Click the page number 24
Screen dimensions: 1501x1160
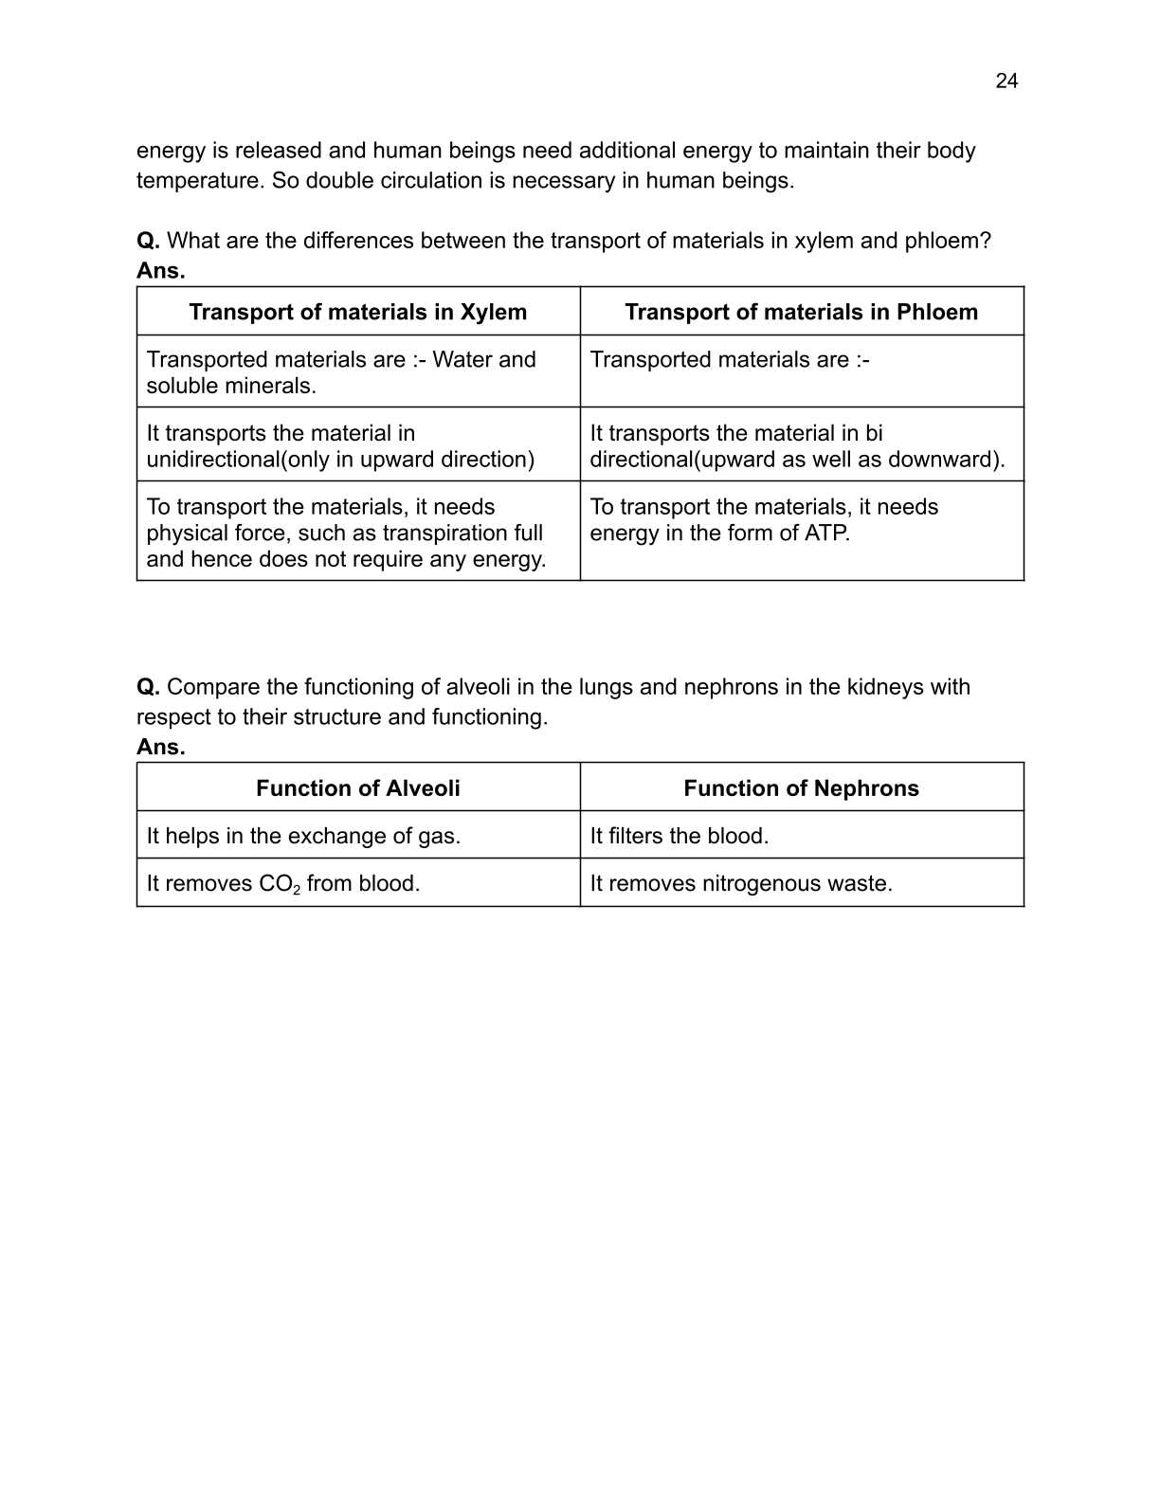click(1006, 81)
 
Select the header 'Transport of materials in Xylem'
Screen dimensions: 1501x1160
click(357, 312)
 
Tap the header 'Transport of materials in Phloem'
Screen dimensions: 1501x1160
click(801, 312)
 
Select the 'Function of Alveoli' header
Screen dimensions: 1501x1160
click(357, 788)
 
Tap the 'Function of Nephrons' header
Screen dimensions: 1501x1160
click(801, 788)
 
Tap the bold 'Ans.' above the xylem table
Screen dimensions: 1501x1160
click(161, 271)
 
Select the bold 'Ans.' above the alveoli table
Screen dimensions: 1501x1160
click(161, 748)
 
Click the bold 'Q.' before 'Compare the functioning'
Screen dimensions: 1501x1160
click(148, 687)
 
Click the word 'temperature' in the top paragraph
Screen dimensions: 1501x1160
click(198, 181)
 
